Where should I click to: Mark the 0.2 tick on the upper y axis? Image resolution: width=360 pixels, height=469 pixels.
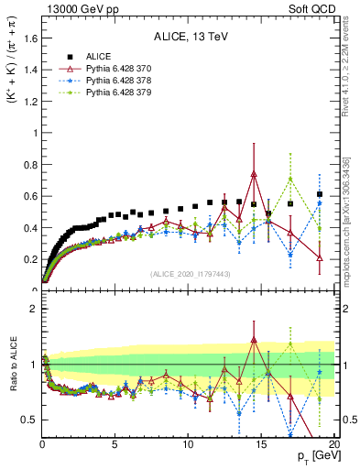(29, 259)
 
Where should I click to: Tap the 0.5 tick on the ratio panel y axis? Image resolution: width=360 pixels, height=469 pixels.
(29, 420)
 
